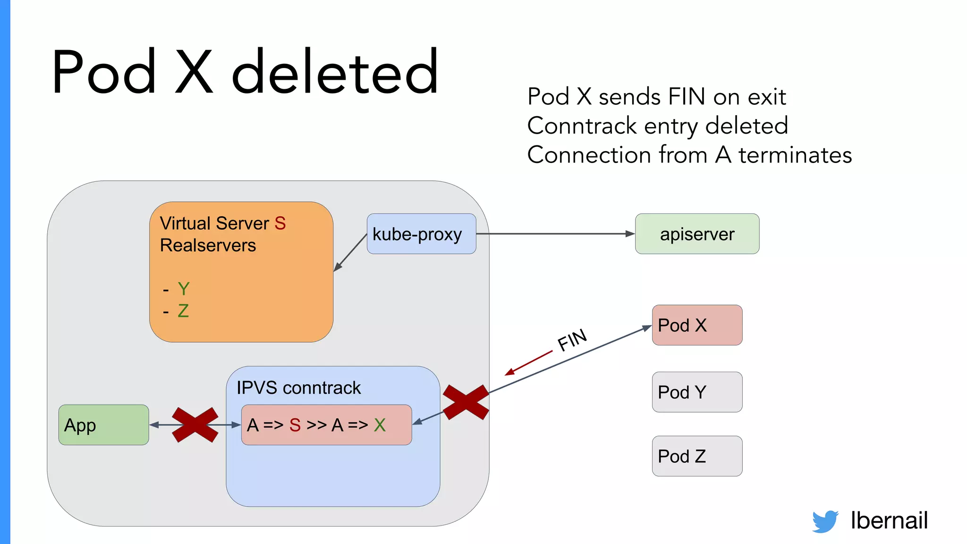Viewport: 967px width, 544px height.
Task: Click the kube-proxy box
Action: [421, 234]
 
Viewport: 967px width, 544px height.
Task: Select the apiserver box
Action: [697, 234]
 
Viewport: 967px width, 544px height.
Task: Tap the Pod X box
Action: [697, 325]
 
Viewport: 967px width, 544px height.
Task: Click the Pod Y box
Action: [697, 392]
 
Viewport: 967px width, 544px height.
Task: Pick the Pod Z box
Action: [697, 456]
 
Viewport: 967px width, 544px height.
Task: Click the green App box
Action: [103, 425]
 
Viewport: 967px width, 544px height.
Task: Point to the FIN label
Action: [572, 340]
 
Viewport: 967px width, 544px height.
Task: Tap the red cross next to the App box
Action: [195, 425]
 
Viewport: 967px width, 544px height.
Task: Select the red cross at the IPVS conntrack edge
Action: [466, 402]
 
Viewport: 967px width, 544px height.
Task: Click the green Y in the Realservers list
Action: [184, 289]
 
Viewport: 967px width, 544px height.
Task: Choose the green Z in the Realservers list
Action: [183, 311]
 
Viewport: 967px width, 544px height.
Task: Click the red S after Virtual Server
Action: [280, 223]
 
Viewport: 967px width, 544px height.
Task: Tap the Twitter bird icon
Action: [825, 521]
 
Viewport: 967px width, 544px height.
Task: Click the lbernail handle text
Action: [889, 520]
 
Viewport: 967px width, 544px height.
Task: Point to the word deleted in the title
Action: [335, 72]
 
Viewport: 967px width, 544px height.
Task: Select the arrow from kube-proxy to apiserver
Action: [555, 234]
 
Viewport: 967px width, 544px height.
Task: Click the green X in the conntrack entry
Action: [380, 425]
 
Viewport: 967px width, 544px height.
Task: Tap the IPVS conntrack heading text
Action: [298, 388]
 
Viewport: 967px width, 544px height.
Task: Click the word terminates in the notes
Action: [795, 155]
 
